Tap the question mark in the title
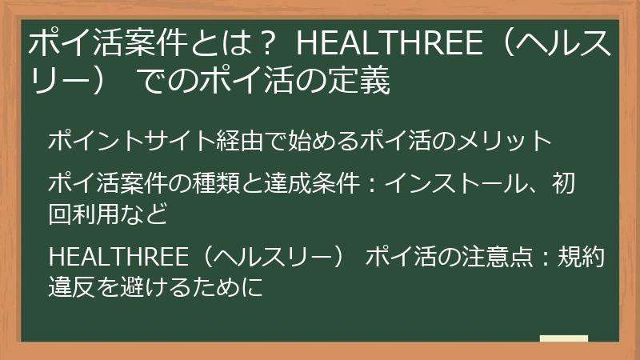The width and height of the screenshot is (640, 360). [270, 46]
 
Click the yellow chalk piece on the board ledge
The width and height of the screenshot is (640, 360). [563, 338]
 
